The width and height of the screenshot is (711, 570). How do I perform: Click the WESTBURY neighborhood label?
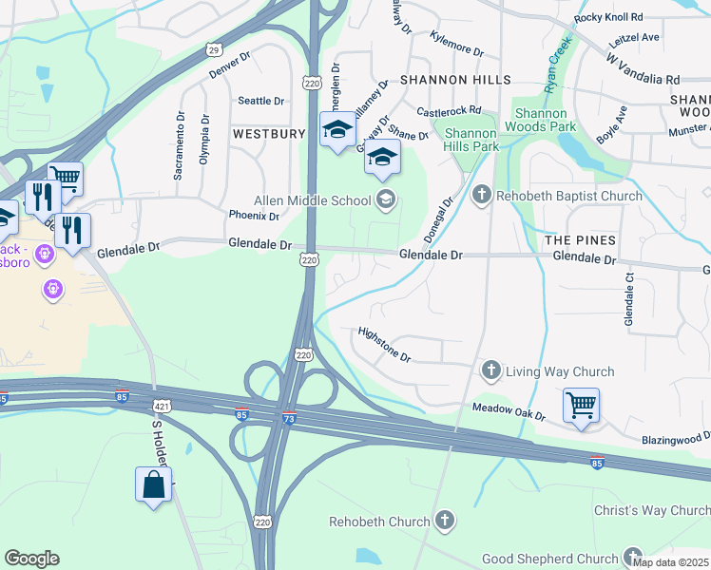pyautogui.click(x=268, y=135)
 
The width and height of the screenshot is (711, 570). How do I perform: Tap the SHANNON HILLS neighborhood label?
pyautogui.click(x=456, y=81)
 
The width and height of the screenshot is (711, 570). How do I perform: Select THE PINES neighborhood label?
pyautogui.click(x=580, y=240)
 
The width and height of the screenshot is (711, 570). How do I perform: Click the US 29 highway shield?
pyautogui.click(x=213, y=48)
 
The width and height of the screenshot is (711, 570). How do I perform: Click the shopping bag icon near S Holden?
pyautogui.click(x=154, y=485)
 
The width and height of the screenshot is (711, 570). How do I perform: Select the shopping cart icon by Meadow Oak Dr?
pyautogui.click(x=581, y=406)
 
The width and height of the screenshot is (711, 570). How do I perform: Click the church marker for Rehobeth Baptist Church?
pyautogui.click(x=482, y=196)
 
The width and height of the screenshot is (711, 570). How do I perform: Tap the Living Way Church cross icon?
pyautogui.click(x=490, y=370)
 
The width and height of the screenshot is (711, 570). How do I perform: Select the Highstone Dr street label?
pyautogui.click(x=384, y=345)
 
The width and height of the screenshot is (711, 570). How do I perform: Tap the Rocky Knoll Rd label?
pyautogui.click(x=608, y=18)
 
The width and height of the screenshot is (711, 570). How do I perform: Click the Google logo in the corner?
pyautogui.click(x=31, y=559)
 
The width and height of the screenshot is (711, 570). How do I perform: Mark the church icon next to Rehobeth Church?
pyautogui.click(x=445, y=521)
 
